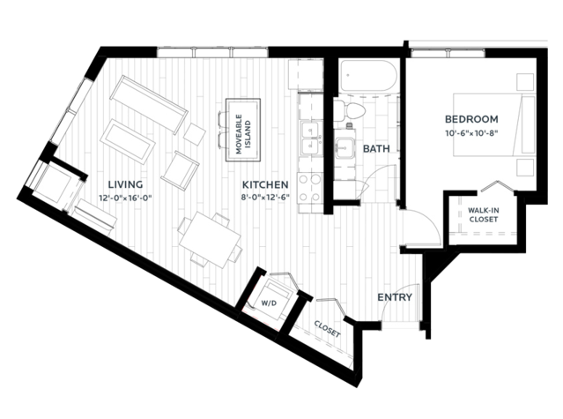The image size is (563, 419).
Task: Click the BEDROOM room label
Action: tap(470, 119)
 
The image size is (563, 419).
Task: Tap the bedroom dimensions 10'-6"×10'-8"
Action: tap(470, 133)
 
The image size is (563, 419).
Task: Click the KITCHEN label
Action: tap(267, 183)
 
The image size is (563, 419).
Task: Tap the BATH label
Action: tap(376, 149)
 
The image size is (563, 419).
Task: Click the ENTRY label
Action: tap(395, 297)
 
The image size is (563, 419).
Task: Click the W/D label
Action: tap(268, 303)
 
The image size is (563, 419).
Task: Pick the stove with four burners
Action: tap(309, 186)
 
